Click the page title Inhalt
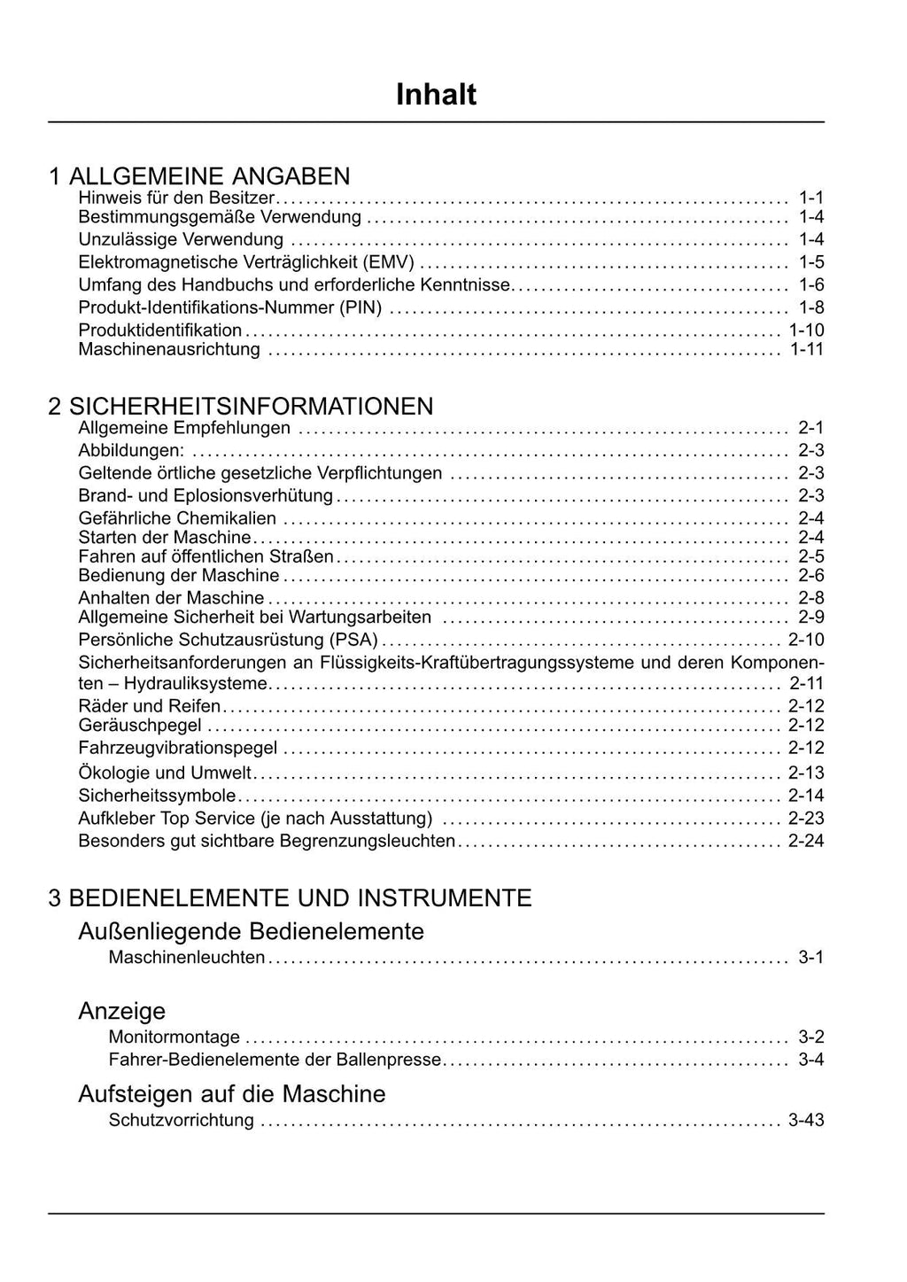point(436,95)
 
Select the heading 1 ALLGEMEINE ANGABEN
point(199,175)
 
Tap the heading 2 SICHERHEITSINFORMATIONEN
point(241,406)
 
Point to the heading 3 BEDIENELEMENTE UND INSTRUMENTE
point(290,897)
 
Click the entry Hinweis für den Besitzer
point(176,197)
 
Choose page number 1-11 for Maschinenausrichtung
point(806,349)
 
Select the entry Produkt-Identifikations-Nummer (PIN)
point(230,307)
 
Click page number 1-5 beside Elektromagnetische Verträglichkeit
point(810,261)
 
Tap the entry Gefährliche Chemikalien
point(177,518)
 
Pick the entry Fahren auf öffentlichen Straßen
point(205,556)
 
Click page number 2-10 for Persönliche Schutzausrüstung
point(806,640)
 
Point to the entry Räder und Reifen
point(150,706)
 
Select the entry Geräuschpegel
point(140,726)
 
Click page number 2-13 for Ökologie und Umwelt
point(806,773)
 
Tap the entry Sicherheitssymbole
point(157,796)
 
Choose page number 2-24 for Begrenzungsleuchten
point(806,841)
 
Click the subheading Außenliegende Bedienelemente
point(251,931)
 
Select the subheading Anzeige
point(121,1011)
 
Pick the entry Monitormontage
point(174,1037)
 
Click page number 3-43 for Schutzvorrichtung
point(806,1120)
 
